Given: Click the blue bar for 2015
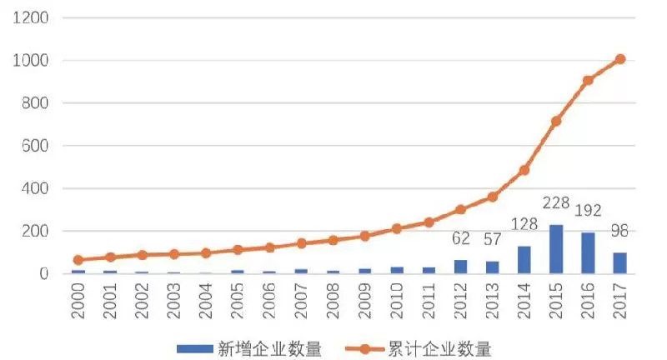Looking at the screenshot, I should [556, 249].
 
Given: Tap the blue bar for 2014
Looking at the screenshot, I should [524, 259].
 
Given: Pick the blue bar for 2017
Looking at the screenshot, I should [619, 262].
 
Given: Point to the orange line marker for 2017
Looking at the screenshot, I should [619, 59].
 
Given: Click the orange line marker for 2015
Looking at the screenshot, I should [556, 121].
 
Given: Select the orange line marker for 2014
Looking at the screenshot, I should [524, 170].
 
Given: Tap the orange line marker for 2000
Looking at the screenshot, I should [78, 260].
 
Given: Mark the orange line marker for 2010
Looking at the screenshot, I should [397, 228].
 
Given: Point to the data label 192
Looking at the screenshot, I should [588, 211].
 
